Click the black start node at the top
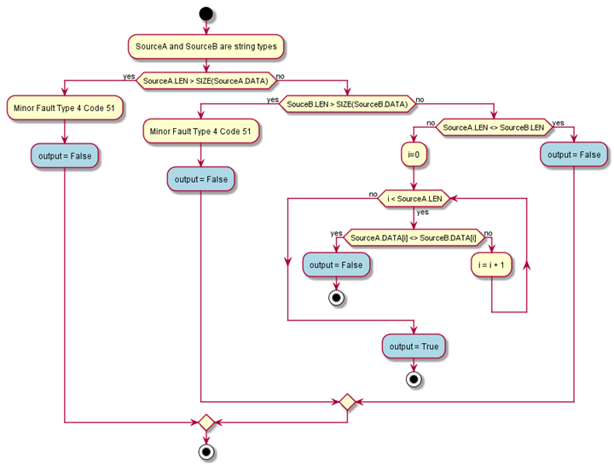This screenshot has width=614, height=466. [206, 13]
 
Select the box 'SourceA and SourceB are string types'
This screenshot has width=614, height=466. [206, 46]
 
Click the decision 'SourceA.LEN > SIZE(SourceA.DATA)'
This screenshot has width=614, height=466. [206, 81]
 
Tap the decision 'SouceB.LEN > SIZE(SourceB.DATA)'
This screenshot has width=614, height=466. [347, 104]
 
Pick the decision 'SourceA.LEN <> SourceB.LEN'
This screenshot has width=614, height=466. [494, 127]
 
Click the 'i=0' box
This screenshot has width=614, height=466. [414, 155]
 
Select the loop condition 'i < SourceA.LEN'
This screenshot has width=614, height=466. [414, 198]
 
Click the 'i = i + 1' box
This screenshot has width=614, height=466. [491, 265]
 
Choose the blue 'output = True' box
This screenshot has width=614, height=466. [414, 347]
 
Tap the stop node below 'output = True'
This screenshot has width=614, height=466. [414, 379]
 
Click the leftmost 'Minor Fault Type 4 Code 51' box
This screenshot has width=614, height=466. [64, 109]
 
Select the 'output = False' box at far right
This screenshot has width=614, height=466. [574, 154]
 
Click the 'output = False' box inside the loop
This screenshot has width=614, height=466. [336, 265]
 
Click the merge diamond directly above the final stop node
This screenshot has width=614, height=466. [206, 422]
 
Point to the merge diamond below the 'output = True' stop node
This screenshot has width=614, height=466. [347, 401]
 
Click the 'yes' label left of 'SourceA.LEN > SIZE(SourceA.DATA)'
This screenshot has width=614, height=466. [129, 76]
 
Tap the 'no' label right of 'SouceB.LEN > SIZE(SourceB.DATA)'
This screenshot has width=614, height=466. [420, 100]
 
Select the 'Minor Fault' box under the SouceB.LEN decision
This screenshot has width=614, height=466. [200, 131]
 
